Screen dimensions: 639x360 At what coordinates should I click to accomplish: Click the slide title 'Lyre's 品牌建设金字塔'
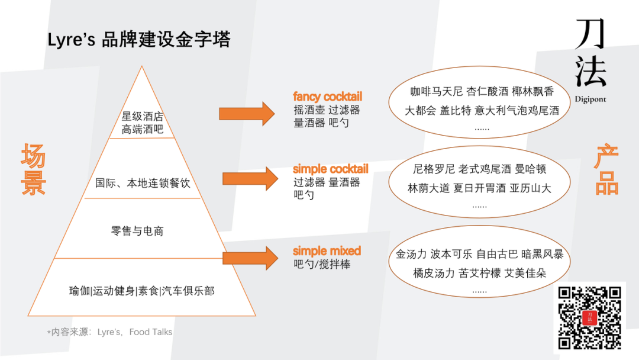(x=139, y=40)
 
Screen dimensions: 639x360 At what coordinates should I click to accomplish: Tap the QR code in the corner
(x=589, y=317)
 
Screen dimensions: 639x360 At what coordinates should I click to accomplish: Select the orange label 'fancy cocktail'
(x=327, y=97)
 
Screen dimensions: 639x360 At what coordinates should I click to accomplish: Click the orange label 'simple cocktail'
(x=330, y=169)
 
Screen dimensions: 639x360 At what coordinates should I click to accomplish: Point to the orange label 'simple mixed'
(x=327, y=251)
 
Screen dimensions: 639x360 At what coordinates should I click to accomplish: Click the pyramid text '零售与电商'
(x=137, y=231)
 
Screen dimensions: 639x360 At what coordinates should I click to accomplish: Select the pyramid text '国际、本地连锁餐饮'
(x=143, y=183)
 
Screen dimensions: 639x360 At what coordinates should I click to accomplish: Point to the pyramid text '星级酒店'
(x=143, y=116)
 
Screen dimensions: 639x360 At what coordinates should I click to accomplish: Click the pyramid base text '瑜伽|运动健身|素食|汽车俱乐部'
(x=141, y=291)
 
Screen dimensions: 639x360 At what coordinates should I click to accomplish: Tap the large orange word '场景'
(x=33, y=170)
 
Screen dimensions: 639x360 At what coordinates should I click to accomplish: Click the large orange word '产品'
(x=606, y=171)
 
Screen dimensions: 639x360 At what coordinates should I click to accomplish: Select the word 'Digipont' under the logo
(x=590, y=99)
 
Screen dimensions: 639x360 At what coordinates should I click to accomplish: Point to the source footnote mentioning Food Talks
(x=110, y=332)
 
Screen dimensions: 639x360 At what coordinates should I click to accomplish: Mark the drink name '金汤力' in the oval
(x=411, y=255)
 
